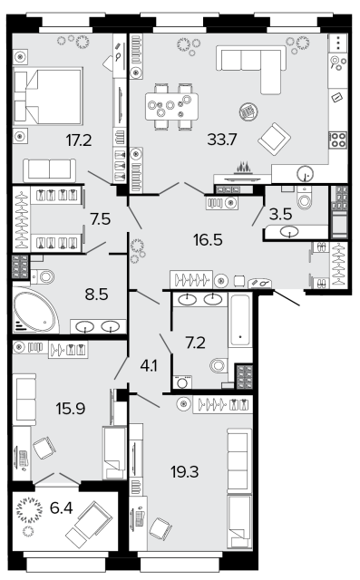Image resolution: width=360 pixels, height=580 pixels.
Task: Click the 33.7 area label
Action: (222, 140)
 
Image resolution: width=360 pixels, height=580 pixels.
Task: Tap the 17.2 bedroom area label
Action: (79, 140)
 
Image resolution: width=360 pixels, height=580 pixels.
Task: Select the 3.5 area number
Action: (280, 214)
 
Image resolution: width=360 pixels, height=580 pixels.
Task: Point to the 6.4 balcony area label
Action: (62, 507)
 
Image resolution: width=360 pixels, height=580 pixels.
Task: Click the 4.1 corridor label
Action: (149, 366)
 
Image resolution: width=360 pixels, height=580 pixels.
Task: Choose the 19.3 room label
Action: (185, 471)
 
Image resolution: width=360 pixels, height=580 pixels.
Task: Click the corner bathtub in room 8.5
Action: (35, 310)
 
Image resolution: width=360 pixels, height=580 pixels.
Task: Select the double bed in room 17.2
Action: (48, 96)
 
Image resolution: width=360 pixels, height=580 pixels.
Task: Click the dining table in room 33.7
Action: (171, 106)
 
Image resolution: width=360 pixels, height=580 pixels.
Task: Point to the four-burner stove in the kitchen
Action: (338, 140)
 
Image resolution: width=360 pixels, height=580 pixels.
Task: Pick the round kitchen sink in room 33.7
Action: (306, 173)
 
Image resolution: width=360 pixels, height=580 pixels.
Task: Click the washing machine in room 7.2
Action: (182, 382)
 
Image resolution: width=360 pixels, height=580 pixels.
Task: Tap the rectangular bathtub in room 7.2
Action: (239, 320)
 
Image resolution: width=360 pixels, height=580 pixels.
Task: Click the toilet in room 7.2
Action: (219, 365)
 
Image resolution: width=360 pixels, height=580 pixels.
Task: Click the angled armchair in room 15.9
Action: (44, 448)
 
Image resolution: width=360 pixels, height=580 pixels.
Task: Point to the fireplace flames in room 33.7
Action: (243, 168)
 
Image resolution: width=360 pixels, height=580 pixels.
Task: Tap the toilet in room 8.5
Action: (43, 276)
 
